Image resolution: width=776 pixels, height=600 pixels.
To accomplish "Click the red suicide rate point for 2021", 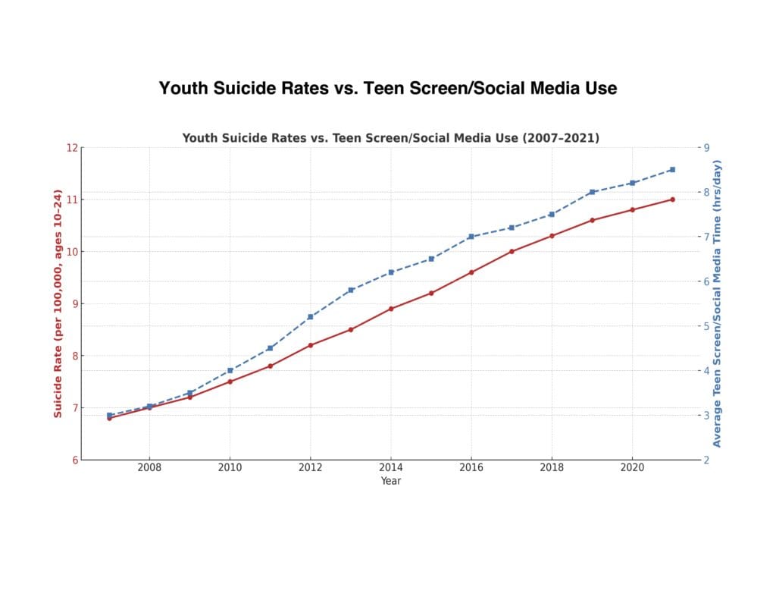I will click(672, 199).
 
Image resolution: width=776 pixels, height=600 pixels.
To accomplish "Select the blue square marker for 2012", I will click(311, 316).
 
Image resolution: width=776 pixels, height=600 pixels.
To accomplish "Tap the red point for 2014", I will click(391, 309).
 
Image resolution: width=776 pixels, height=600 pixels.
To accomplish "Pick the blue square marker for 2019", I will click(592, 192).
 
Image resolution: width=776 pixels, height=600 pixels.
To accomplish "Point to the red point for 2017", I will click(512, 251).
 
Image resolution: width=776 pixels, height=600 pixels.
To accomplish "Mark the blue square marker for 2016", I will click(471, 237).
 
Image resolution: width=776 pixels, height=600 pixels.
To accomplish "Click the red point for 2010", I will click(230, 382).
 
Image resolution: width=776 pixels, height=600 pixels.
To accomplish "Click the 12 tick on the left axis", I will click(73, 147).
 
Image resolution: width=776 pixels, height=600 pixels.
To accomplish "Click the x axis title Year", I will click(391, 481).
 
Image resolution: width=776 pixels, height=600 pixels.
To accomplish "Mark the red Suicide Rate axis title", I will click(58, 303).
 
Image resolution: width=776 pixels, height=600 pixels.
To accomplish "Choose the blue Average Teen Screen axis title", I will click(718, 303).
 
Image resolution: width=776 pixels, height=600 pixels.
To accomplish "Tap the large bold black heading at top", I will click(388, 88).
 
